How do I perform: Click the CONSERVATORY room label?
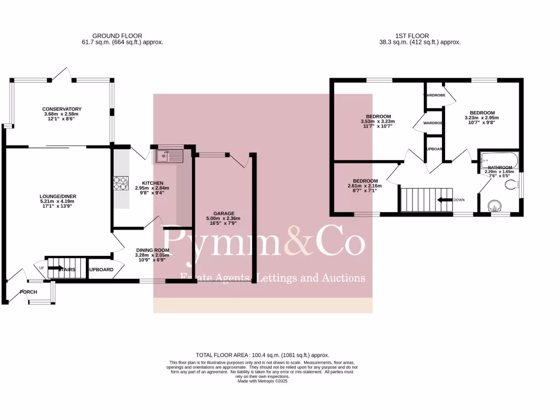coord(62,109)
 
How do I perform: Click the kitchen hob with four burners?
coord(120,183)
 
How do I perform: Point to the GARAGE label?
coord(224,213)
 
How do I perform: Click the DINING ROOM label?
coord(153,250)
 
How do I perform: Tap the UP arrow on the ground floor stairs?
coord(56,268)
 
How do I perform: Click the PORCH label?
coord(28,292)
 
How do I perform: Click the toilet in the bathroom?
coord(512,185)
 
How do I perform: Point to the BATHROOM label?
coord(500,167)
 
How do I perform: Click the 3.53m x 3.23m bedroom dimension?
coord(378,121)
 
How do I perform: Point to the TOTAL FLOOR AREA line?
coord(262,355)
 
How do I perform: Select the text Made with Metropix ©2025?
coord(262,381)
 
